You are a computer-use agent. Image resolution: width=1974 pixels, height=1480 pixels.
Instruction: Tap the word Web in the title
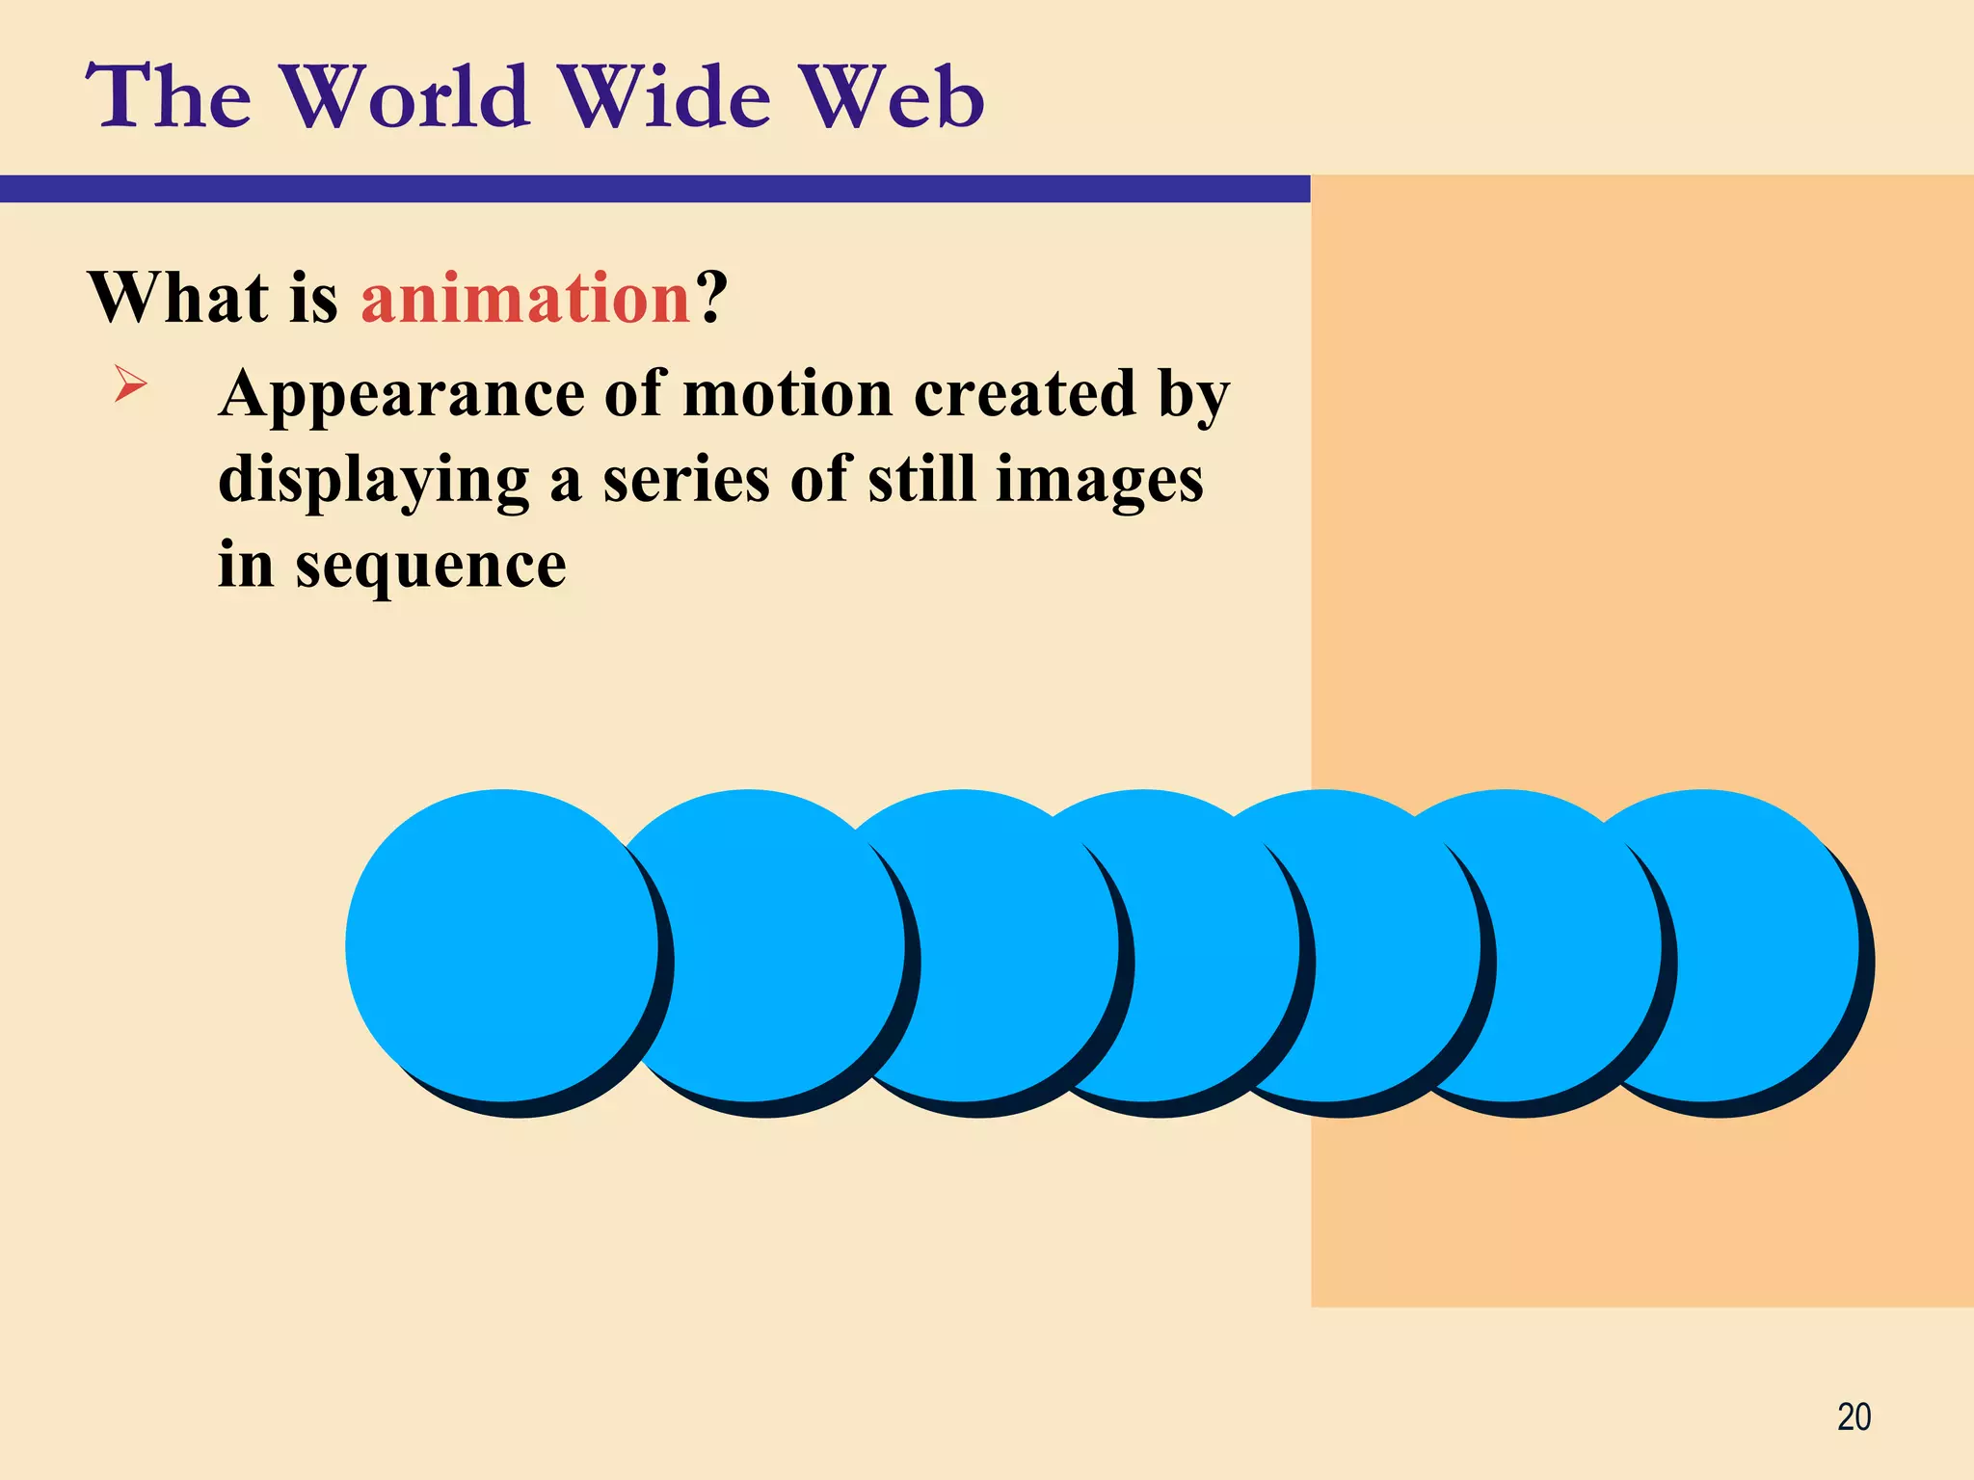click(x=893, y=96)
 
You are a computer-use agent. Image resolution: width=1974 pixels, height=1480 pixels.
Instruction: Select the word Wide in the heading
click(x=665, y=96)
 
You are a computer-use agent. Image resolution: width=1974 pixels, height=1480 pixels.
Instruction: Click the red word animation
click(x=525, y=298)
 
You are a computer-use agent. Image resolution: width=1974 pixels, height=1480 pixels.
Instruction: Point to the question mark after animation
click(x=711, y=298)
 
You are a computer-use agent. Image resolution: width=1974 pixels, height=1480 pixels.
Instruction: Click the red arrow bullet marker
click(x=130, y=384)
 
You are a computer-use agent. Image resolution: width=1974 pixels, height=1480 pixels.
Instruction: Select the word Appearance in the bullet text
click(x=401, y=395)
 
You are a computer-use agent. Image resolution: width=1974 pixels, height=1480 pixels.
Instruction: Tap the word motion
click(x=787, y=395)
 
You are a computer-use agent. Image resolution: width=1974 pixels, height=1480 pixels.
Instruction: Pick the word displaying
click(x=373, y=481)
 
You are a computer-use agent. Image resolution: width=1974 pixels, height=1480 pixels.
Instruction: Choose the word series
click(x=685, y=479)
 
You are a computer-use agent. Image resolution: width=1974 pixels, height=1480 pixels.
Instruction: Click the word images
click(x=1099, y=481)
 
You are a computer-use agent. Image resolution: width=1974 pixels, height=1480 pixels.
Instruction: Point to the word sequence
click(x=430, y=567)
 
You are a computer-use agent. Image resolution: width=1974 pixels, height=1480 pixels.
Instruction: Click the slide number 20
click(x=1854, y=1417)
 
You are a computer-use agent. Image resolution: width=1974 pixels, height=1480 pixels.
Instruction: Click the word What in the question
click(x=178, y=298)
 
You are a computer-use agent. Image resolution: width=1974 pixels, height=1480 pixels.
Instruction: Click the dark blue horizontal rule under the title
click(x=655, y=189)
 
